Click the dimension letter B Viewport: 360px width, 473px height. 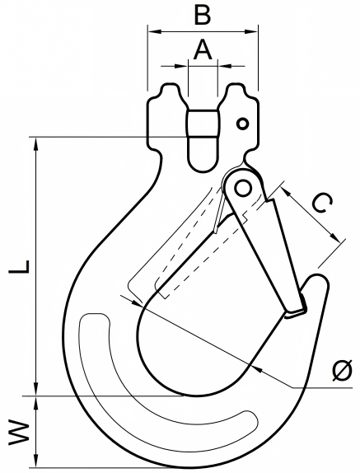[x=203, y=14]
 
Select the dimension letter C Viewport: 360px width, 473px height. [x=322, y=203]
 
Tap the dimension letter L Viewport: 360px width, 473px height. [x=19, y=266]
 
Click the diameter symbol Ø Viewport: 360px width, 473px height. [x=342, y=370]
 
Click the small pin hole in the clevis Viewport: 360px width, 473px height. [x=242, y=124]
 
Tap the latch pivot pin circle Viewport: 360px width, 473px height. [x=243, y=189]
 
